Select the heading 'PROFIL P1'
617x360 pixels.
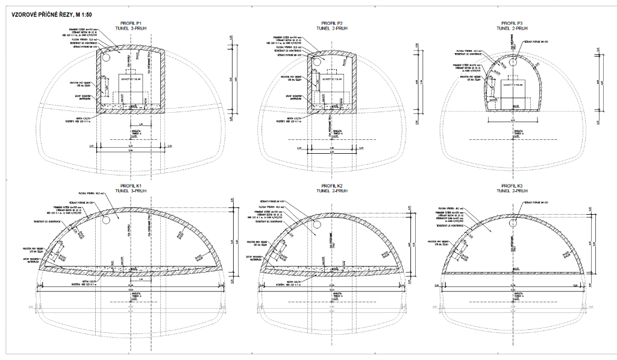point(131,23)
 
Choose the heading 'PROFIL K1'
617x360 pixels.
point(131,185)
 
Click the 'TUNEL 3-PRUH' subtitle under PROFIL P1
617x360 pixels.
point(131,28)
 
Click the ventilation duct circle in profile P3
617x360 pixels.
point(512,62)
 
